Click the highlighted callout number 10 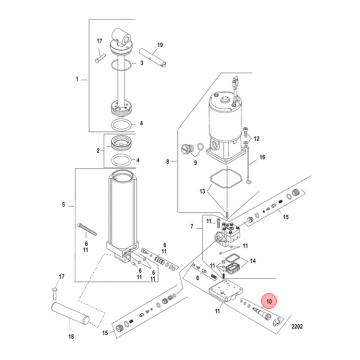point(269,301)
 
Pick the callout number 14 point(253,260)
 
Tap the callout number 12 point(256,138)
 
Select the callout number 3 point(141,63)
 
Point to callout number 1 point(77,79)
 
